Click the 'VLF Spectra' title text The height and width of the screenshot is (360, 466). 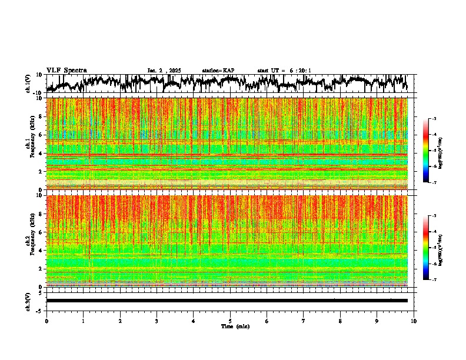[x=66, y=70]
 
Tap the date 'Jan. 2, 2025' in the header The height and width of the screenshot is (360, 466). [x=165, y=71]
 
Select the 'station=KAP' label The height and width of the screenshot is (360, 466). [x=218, y=71]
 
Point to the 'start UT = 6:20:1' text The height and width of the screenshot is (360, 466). [x=284, y=71]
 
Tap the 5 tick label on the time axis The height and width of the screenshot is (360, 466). [x=230, y=321]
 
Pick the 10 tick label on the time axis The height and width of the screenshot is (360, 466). [x=414, y=321]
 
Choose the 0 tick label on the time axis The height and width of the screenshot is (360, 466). [x=46, y=321]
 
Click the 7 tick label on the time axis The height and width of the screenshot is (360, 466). [x=304, y=321]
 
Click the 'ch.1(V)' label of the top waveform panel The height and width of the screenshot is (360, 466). [x=28, y=84]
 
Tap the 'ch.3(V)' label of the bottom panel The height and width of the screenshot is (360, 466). [x=28, y=301]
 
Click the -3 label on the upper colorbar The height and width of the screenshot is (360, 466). [x=434, y=119]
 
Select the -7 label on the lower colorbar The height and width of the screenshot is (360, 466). [x=434, y=280]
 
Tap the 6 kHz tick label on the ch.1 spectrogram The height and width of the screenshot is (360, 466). [x=41, y=135]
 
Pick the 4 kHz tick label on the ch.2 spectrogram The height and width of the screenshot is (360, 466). [x=41, y=251]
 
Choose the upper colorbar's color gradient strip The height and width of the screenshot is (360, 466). [x=426, y=151]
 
